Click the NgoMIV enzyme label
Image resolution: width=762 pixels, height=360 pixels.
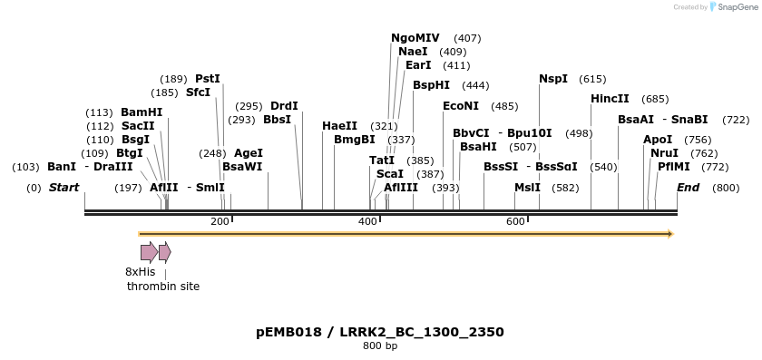pos(415,38)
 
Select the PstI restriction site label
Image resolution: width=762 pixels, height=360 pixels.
pos(208,79)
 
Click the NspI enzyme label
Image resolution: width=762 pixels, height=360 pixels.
pos(553,79)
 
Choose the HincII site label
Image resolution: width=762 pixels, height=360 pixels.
pos(610,98)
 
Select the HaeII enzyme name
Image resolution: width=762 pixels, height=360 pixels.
pos(339,125)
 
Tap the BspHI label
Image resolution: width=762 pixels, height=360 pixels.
pos(431,85)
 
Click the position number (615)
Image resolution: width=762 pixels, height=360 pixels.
pos(592,79)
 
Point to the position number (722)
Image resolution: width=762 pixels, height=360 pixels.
pos(736,120)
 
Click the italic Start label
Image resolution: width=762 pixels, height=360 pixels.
pos(63,188)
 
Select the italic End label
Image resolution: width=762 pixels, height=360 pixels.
pos(688,188)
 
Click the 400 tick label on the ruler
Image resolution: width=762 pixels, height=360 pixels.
pos(367,221)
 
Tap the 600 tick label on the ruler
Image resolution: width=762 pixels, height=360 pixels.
pos(515,221)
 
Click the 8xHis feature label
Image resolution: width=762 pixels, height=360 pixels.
pos(140,271)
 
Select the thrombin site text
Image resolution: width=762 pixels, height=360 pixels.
pos(163,286)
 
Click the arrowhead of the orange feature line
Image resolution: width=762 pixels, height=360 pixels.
pos(670,234)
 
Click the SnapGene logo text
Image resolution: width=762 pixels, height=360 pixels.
pos(735,6)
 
